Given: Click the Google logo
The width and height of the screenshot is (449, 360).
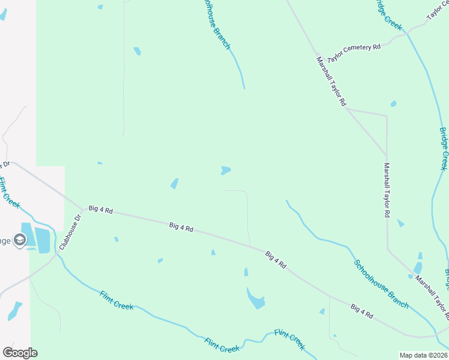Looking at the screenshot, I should click(20, 353).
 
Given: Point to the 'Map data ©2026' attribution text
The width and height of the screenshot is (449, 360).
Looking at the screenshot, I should click(423, 355).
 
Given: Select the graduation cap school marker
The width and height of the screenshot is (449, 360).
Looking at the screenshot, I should click(19, 241).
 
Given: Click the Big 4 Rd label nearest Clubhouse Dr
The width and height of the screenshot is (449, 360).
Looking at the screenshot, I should click(101, 210).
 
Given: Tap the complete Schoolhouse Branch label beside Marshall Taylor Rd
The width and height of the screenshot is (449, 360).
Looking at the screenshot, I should click(381, 284).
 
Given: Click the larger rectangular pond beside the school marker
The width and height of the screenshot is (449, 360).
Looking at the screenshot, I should click(42, 240).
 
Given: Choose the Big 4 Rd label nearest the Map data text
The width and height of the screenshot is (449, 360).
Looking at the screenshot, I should click(362, 311).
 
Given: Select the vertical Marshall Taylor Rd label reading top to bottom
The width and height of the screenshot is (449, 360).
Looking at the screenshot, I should click(388, 190).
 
